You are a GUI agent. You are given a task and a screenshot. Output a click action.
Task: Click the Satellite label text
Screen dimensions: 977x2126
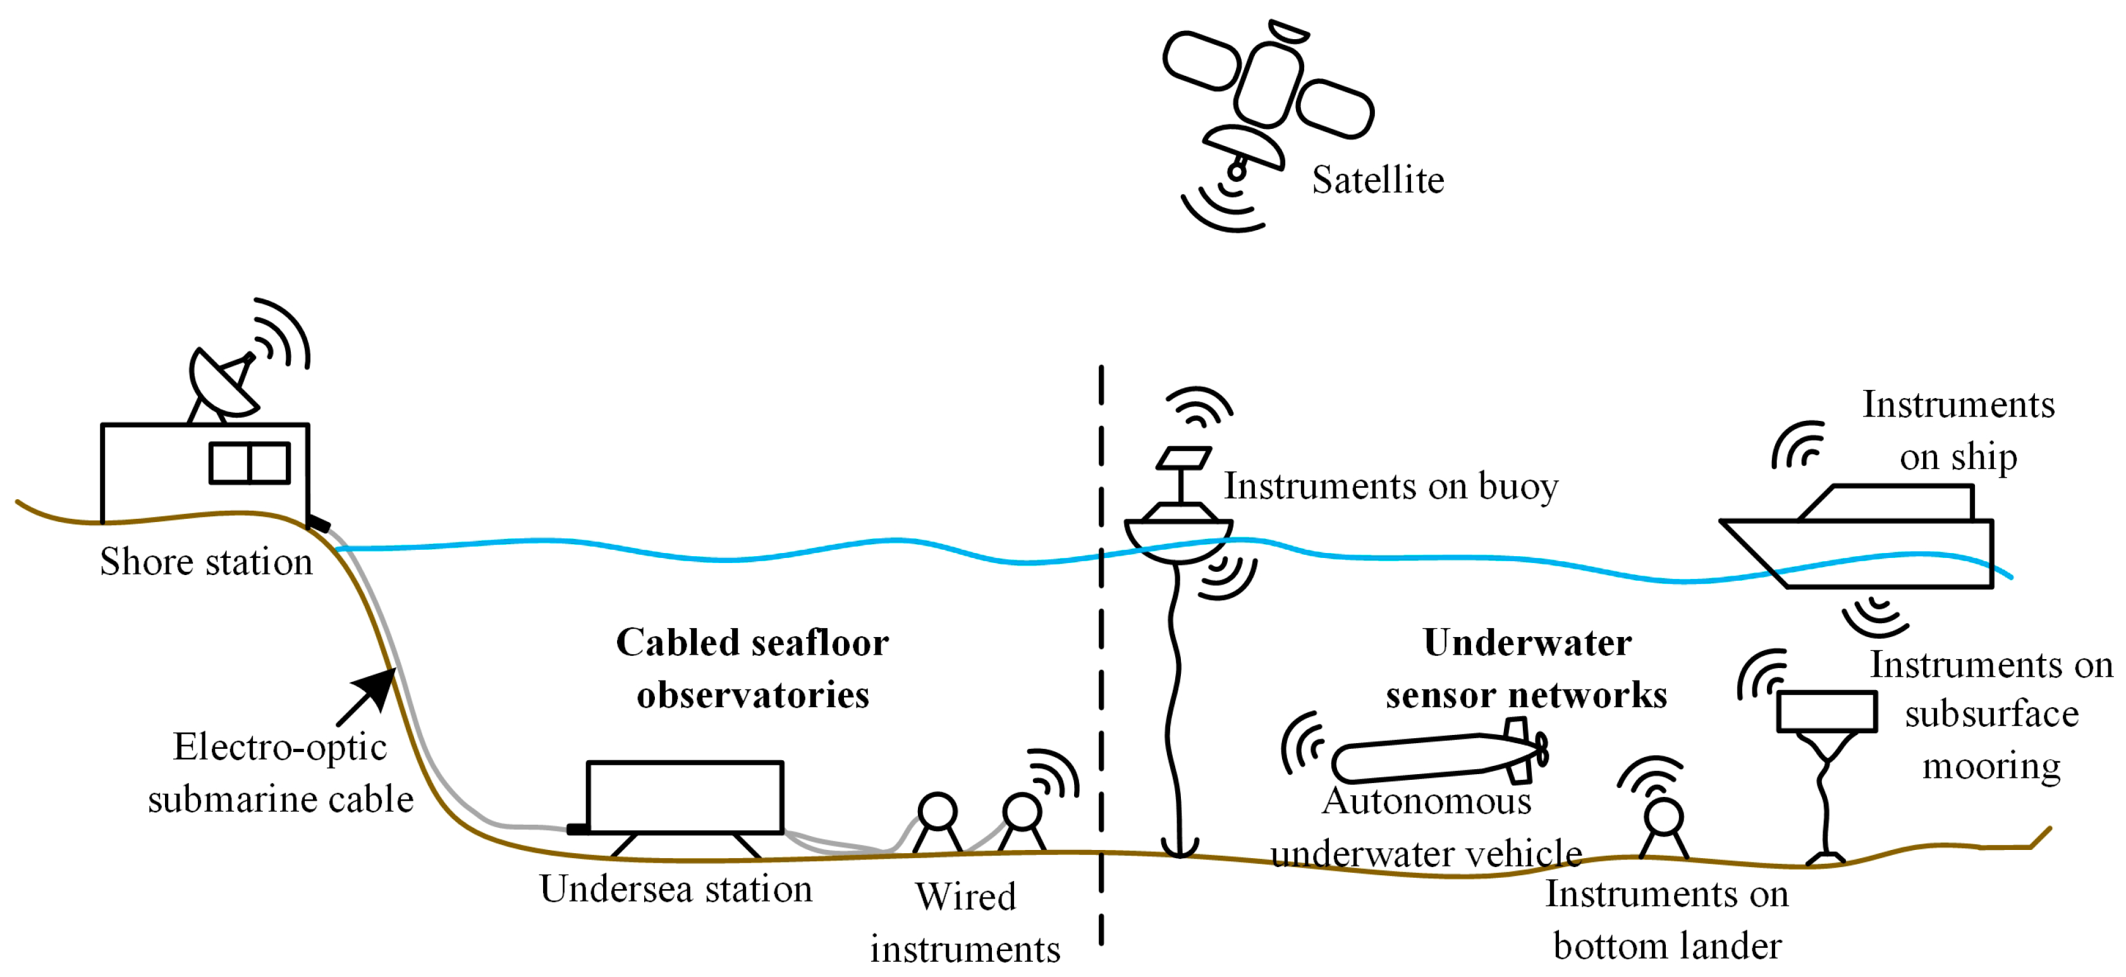1378,180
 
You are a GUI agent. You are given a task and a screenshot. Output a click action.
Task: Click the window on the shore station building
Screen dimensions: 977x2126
249,463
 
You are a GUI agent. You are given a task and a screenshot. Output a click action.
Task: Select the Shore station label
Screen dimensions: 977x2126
206,562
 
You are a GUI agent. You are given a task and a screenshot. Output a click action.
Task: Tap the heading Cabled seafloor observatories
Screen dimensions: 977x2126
753,669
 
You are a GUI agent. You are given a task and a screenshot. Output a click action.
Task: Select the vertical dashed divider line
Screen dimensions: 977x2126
1101,660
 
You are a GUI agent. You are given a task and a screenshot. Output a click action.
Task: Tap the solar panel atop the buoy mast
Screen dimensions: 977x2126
1184,458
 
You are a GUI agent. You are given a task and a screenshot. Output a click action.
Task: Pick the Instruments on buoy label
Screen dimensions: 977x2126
1391,486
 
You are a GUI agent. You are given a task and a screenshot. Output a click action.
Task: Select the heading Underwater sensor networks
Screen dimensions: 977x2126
1527,669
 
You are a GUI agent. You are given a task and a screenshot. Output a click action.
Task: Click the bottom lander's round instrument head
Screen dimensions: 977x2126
1663,818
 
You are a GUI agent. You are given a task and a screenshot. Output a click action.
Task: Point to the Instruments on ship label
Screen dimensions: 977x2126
1958,431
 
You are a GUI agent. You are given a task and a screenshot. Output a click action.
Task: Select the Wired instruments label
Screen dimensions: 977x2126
965,923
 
